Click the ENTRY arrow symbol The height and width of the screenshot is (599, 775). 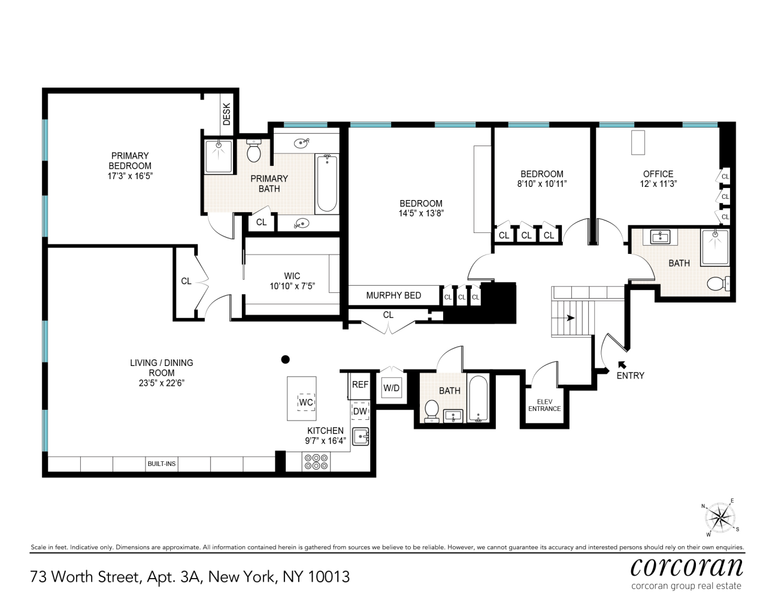click(622, 364)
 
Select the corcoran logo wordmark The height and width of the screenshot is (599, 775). click(686, 566)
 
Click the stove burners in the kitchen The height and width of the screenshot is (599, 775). click(316, 461)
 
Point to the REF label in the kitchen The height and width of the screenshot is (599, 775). click(360, 385)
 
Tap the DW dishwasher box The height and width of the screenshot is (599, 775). click(360, 412)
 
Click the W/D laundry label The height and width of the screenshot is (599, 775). click(391, 388)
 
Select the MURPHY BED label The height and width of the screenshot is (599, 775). click(393, 295)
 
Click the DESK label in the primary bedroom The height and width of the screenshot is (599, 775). click(226, 114)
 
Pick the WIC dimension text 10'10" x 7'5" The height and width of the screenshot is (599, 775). click(292, 286)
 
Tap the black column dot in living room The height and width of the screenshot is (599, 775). click(286, 359)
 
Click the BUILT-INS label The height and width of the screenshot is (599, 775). click(162, 464)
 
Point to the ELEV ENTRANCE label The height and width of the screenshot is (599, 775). click(544, 406)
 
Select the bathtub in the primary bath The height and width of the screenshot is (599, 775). click(326, 183)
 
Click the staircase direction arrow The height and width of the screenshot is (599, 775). click(570, 318)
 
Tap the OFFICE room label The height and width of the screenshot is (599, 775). click(658, 174)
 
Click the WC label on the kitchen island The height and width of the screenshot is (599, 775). click(306, 402)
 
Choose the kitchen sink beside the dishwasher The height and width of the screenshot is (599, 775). click(361, 437)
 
